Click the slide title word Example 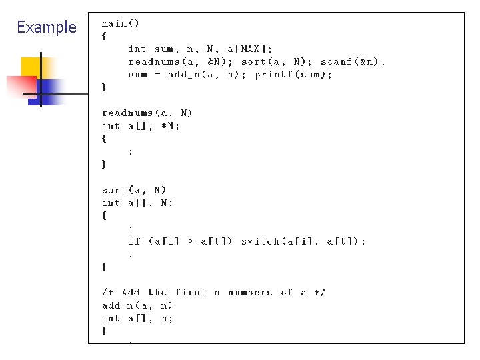tap(47, 27)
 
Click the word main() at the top tap(121, 23)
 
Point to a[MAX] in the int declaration tap(249, 49)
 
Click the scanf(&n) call tap(353, 61)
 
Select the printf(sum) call tap(293, 74)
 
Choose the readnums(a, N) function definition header tap(147, 113)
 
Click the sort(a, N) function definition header tap(134, 190)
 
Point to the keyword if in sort tap(135, 241)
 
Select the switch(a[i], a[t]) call tap(303, 241)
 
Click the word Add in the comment tap(131, 293)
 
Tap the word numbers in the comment tap(250, 293)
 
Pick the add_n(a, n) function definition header tap(137, 305)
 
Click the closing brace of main tap(104, 87)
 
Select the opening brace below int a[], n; tap(104, 331)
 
